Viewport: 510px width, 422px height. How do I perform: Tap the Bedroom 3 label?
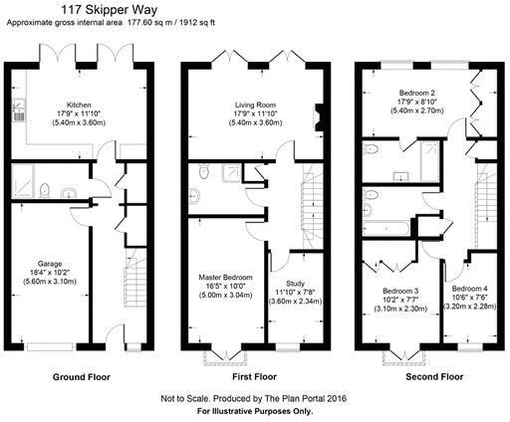401,292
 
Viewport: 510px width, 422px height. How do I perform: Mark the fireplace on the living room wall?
318,117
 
